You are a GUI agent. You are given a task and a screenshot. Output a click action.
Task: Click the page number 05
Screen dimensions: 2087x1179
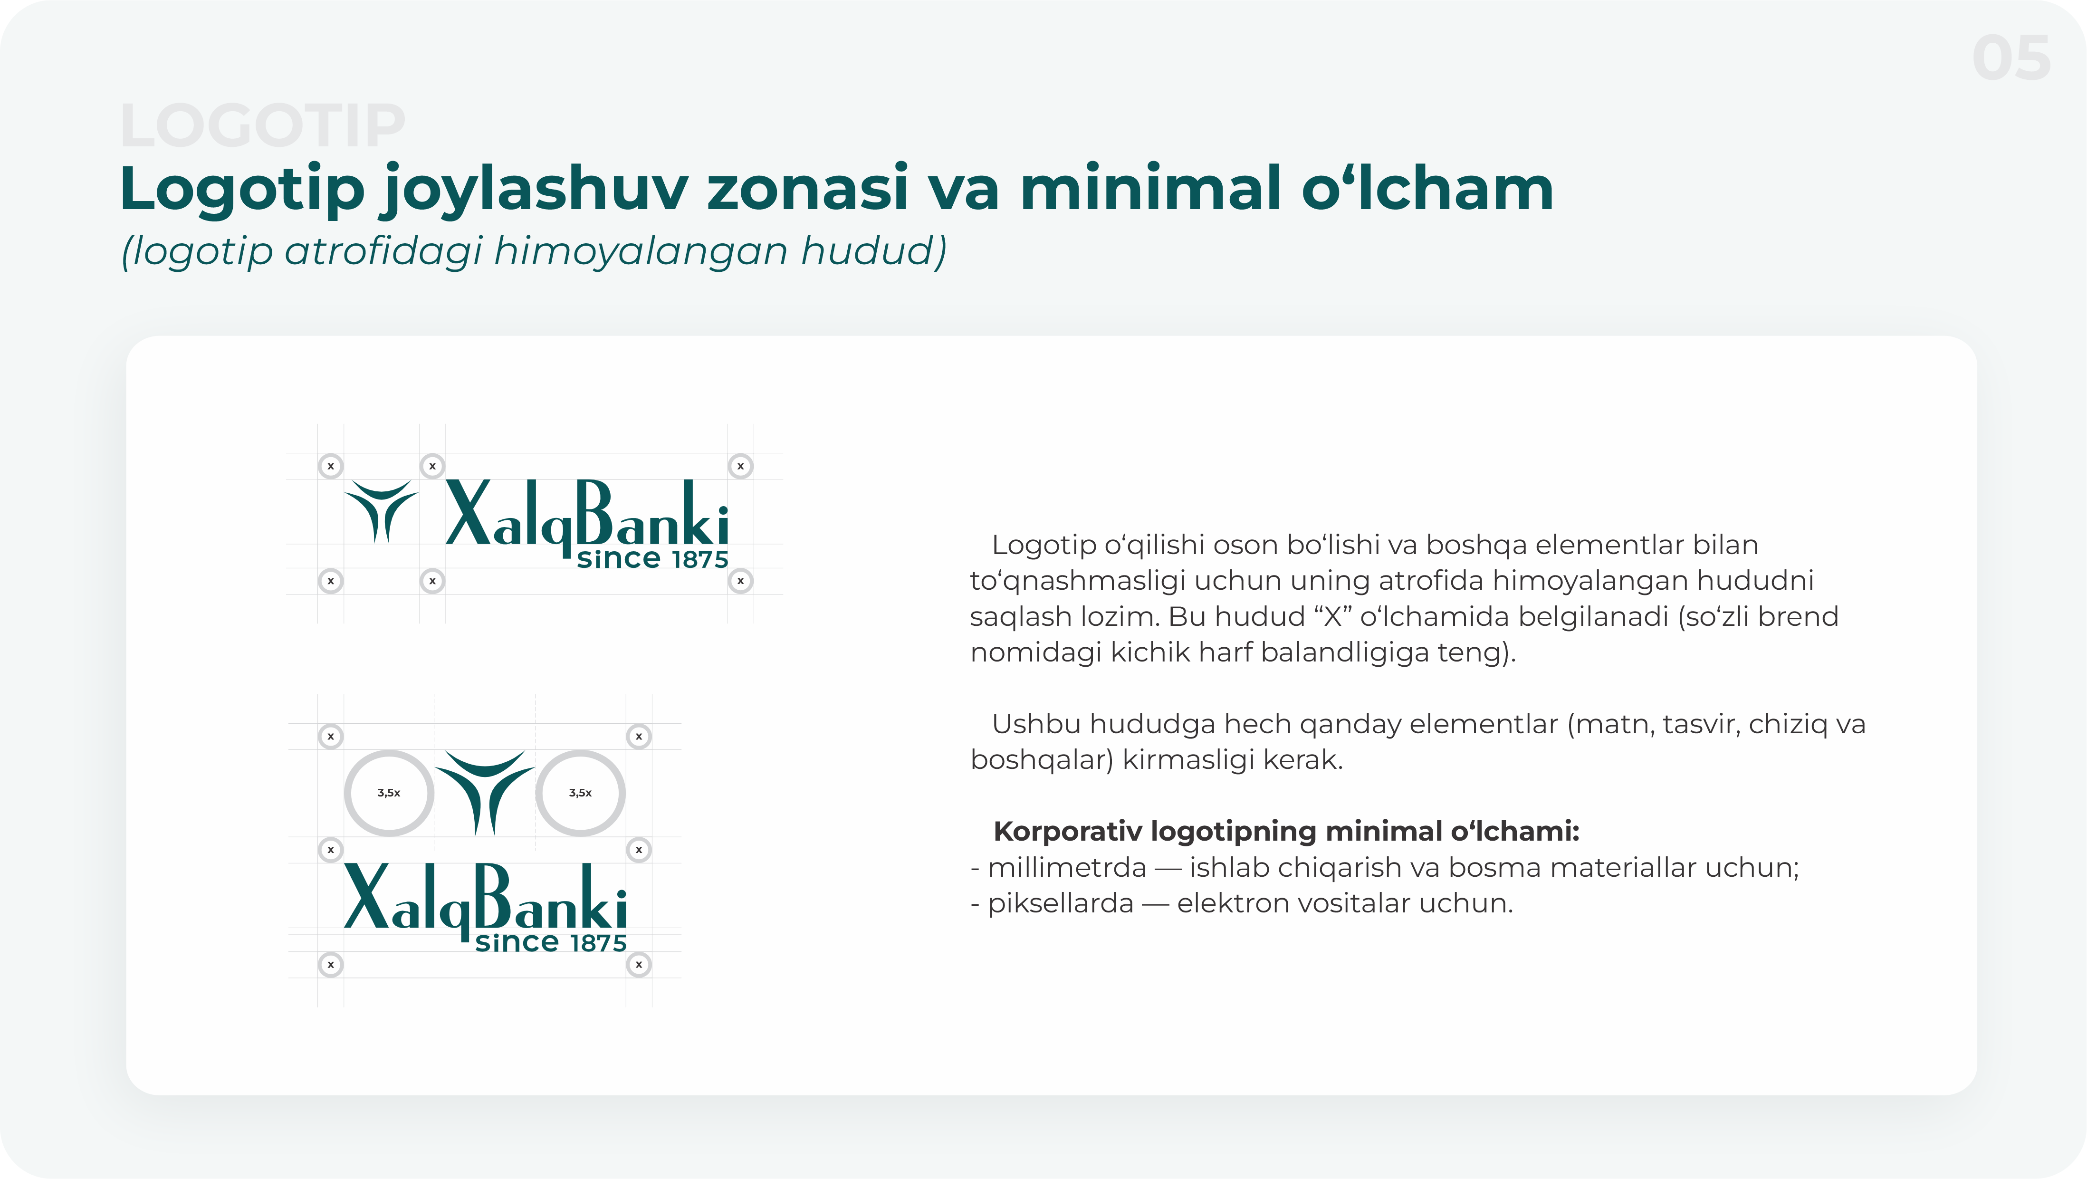click(x=2011, y=58)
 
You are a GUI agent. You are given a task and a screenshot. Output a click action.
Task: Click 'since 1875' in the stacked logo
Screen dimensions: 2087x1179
click(x=551, y=942)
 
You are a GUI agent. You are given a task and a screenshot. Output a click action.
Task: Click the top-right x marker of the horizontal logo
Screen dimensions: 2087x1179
click(x=740, y=466)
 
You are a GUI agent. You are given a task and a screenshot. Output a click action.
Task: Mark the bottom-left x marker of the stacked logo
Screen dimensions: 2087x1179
click(x=331, y=964)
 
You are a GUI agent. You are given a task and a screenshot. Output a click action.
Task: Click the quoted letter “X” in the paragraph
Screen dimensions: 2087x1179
click(x=1333, y=617)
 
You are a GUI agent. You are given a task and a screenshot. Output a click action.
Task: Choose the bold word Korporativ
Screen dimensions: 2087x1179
click(x=1067, y=831)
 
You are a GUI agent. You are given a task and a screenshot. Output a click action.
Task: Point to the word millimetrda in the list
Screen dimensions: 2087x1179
click(x=1067, y=868)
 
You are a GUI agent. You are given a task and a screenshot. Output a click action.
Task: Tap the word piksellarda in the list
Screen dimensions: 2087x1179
click(x=1061, y=903)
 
